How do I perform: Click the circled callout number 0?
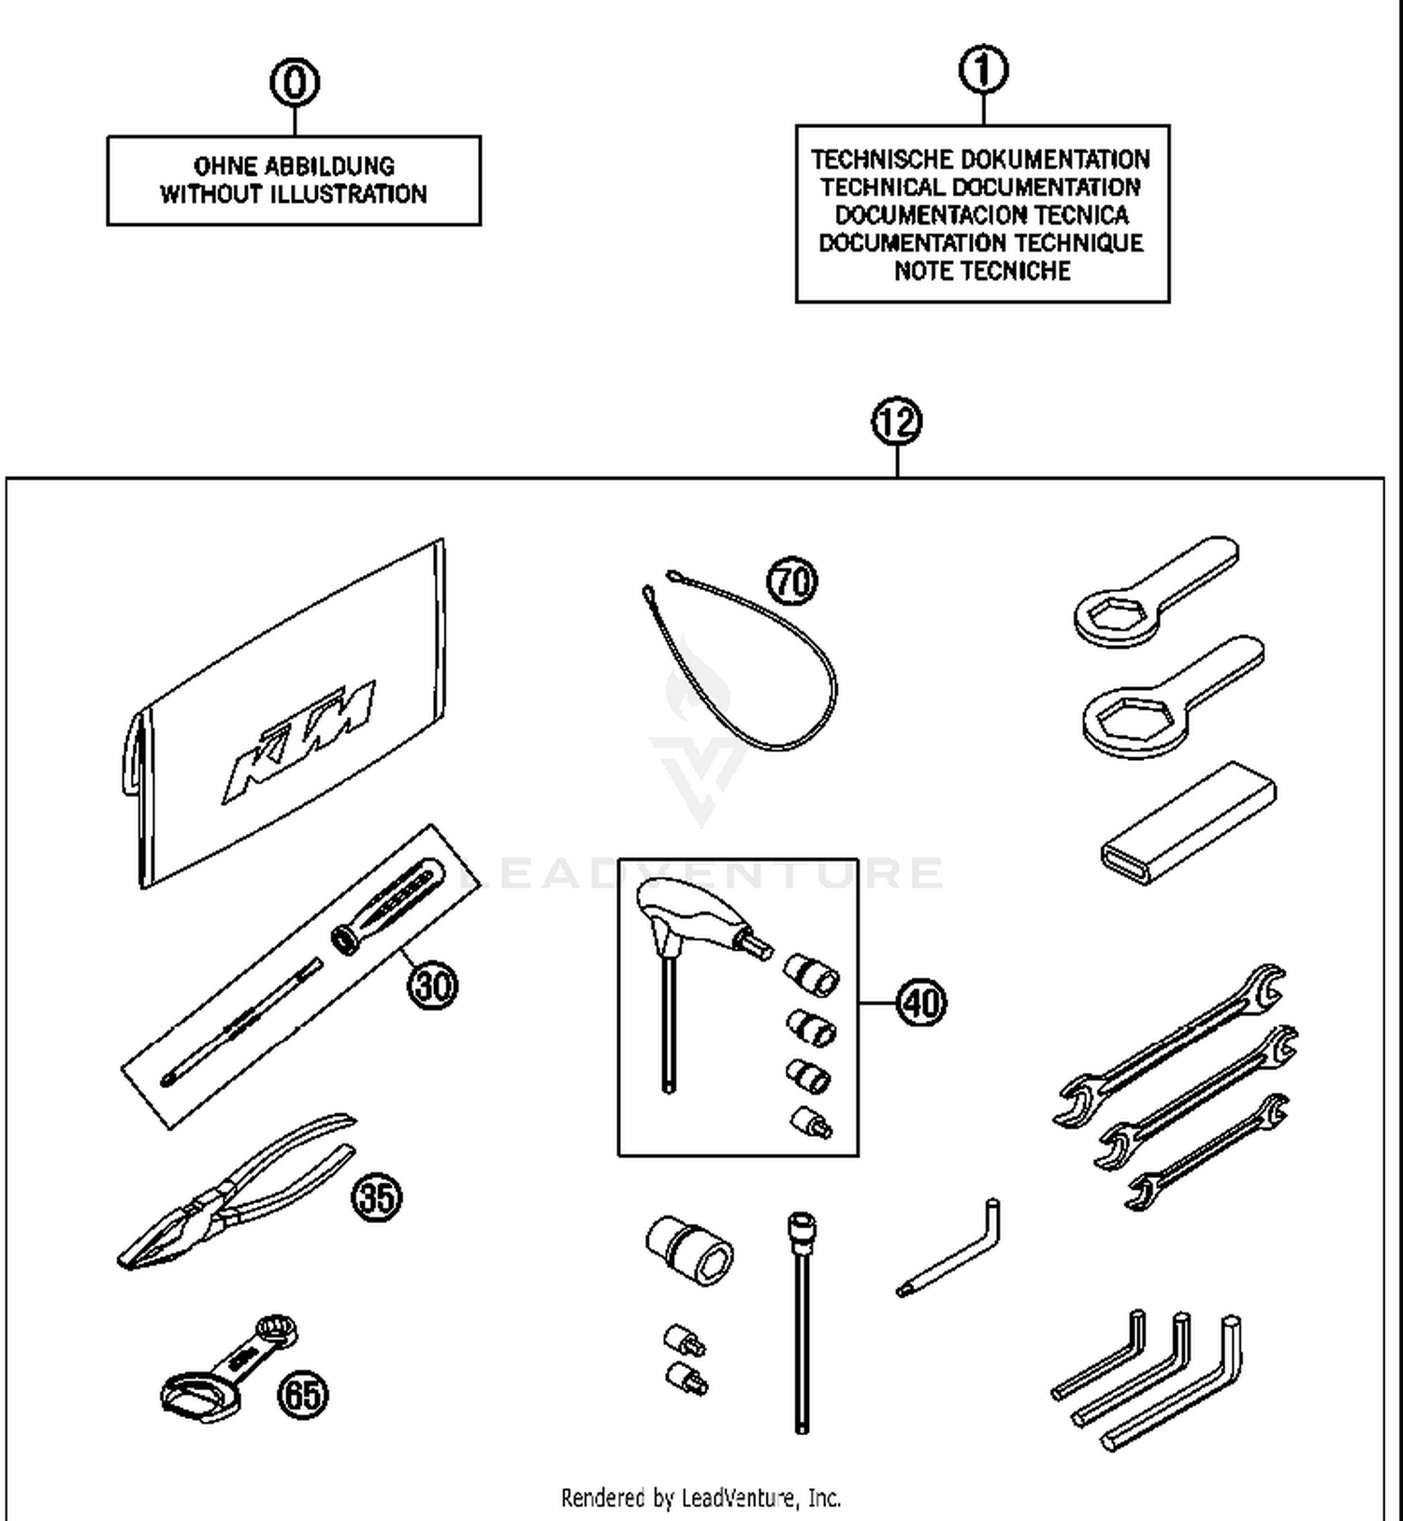point(295,82)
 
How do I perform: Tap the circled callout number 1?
point(983,70)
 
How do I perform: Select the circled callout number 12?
point(897,422)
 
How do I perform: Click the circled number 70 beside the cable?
point(792,581)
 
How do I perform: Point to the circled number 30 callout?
point(433,985)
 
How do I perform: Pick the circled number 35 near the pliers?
point(377,1198)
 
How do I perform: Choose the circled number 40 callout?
point(921,1003)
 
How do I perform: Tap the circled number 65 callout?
point(303,1396)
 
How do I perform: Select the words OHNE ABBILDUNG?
point(294,166)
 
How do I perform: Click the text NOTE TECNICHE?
point(982,271)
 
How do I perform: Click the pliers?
point(234,1192)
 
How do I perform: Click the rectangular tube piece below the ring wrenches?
point(1188,823)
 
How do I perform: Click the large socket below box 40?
point(689,1249)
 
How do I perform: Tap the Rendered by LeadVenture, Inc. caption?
point(701,1498)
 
